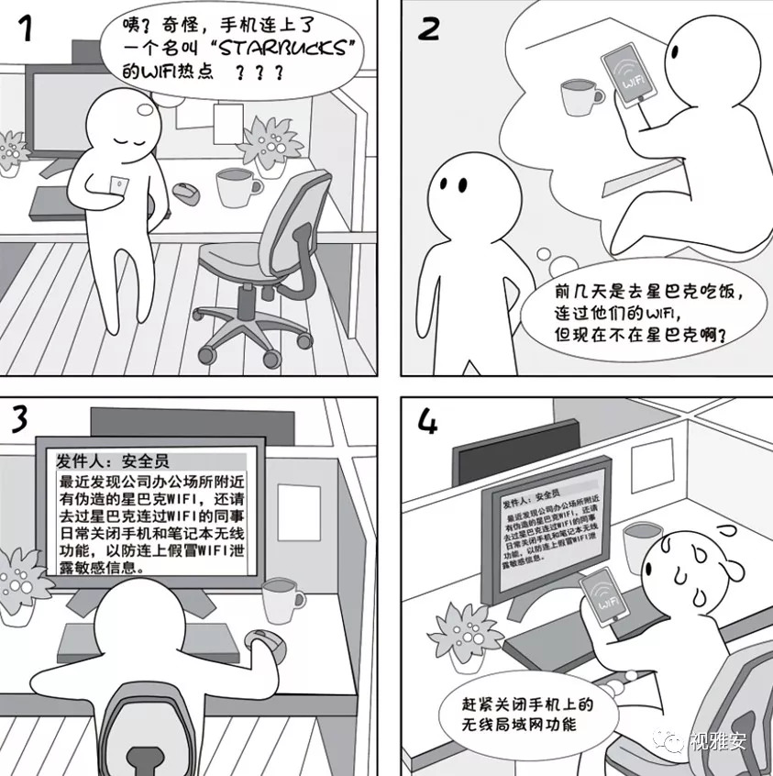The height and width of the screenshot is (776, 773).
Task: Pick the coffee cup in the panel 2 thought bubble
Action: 581,96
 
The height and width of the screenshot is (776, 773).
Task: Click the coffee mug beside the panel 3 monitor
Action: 282,600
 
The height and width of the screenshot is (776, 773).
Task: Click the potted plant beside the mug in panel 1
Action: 270,145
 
